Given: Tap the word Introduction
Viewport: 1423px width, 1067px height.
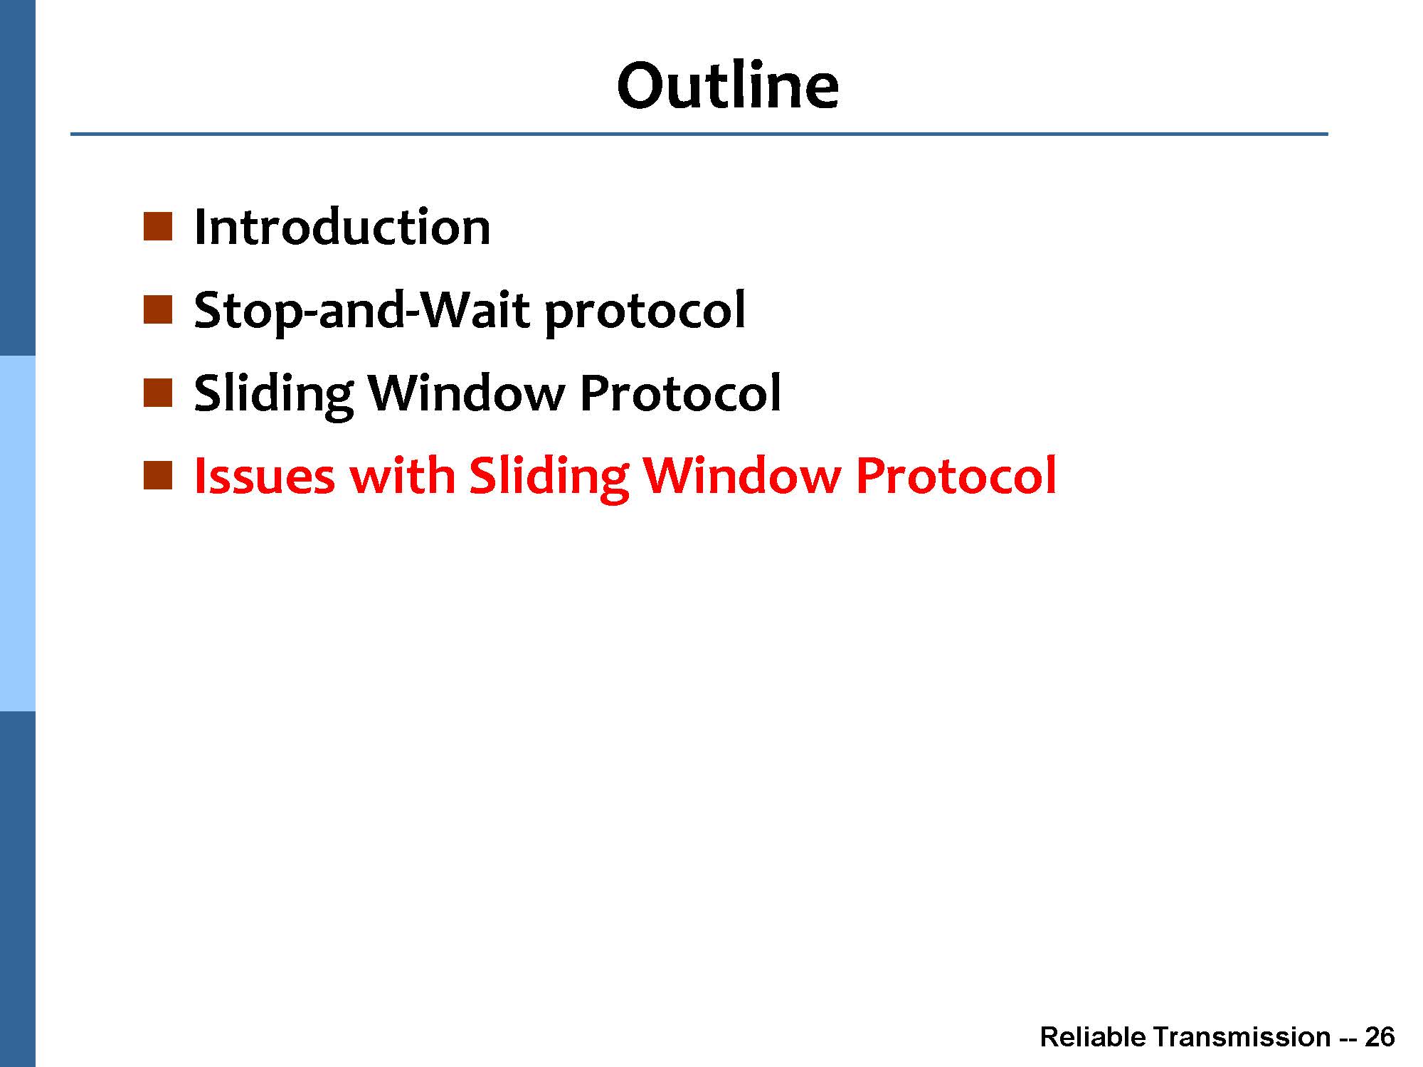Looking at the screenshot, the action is coord(342,228).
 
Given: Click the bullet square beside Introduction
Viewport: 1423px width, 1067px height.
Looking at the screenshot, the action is coord(158,227).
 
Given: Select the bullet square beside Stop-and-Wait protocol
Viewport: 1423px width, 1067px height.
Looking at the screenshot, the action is coord(158,310).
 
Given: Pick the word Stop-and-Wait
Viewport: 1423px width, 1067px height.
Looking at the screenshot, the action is coord(362,311).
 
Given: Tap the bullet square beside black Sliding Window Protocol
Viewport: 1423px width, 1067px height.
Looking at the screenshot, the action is coord(158,393).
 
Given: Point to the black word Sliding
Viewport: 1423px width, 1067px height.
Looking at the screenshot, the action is coord(274,395).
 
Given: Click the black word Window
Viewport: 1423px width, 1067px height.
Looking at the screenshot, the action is coord(466,393).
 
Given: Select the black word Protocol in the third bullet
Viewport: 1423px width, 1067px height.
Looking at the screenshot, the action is coord(680,393).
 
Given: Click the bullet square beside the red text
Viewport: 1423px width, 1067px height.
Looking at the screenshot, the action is coord(158,475).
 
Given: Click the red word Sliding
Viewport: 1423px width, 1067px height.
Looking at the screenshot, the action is coord(549,477).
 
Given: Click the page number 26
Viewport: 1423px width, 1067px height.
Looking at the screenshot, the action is coord(1380,1037).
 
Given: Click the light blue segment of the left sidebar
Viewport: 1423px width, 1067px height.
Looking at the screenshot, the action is coord(17,533).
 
